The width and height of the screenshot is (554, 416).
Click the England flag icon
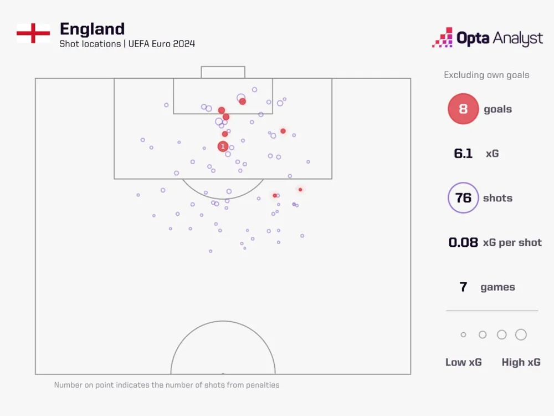click(x=33, y=33)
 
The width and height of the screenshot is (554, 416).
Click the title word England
click(x=92, y=29)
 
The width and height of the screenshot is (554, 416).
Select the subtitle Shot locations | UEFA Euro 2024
click(x=127, y=44)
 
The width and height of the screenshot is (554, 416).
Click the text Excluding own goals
click(x=486, y=75)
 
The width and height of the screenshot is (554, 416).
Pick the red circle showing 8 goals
click(x=463, y=109)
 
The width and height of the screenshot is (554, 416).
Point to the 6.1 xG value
click(x=463, y=154)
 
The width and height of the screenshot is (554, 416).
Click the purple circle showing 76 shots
click(x=463, y=198)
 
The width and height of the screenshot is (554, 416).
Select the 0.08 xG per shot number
click(x=463, y=242)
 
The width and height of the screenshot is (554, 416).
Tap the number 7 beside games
click(x=463, y=287)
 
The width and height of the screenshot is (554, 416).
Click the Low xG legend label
click(x=463, y=362)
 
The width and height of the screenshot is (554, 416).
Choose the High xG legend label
click(x=521, y=362)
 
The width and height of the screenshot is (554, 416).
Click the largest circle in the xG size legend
click(x=521, y=334)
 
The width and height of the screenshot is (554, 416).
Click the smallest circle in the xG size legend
click(x=463, y=334)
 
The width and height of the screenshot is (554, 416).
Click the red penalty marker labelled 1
click(x=223, y=146)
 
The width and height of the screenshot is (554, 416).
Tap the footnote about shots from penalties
click(x=167, y=384)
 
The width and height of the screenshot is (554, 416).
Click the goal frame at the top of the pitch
click(x=223, y=72)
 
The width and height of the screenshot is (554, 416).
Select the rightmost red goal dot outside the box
click(x=300, y=190)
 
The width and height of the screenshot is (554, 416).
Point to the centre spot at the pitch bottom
click(x=223, y=373)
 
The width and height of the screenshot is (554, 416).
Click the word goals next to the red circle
click(x=497, y=109)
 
